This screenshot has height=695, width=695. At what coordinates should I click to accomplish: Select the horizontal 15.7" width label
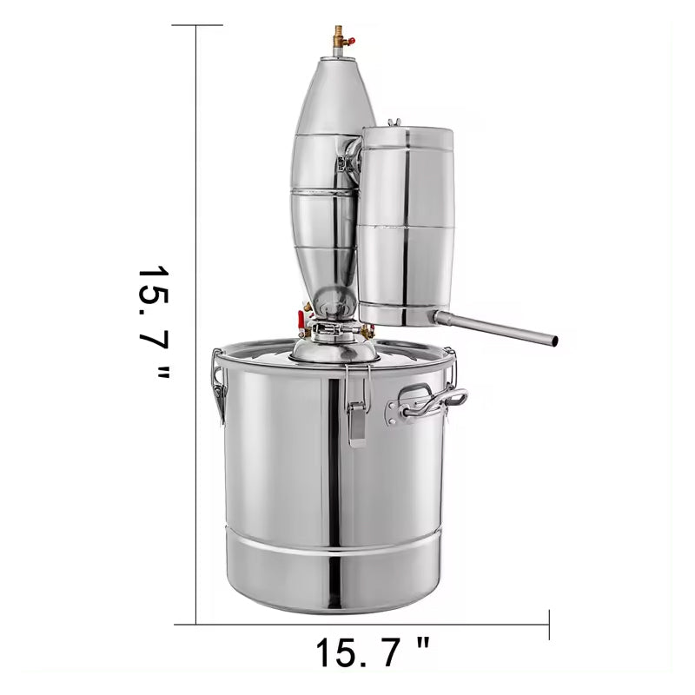(372, 652)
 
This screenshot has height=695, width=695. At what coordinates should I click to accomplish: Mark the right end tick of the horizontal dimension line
(549, 624)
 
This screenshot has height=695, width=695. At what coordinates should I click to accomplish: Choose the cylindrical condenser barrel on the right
(406, 226)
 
